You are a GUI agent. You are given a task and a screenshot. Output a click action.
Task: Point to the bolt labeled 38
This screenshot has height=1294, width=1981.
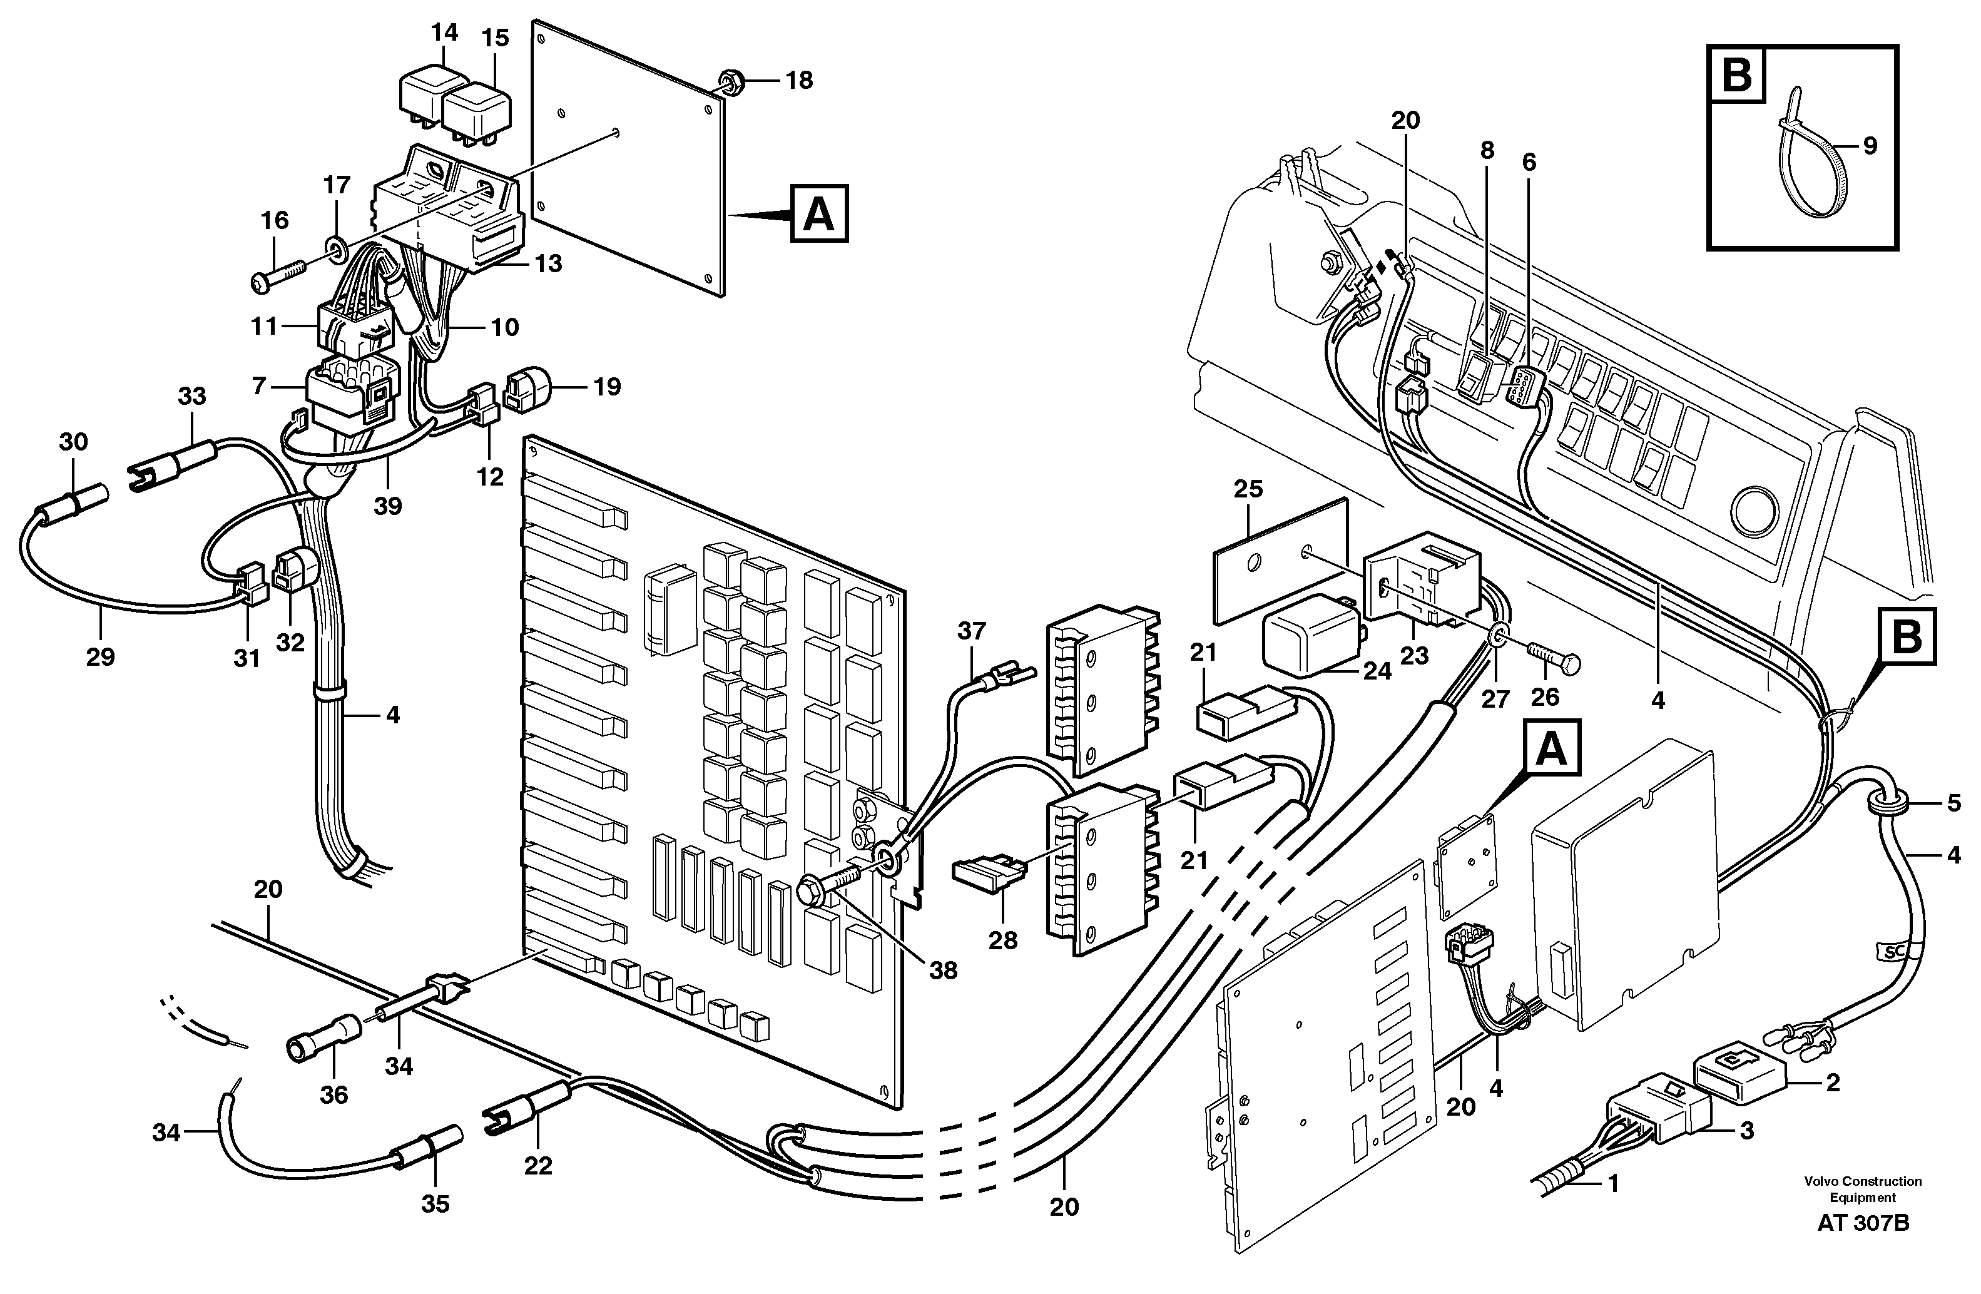(x=837, y=884)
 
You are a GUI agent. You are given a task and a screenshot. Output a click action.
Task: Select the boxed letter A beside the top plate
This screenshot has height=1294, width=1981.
(x=819, y=214)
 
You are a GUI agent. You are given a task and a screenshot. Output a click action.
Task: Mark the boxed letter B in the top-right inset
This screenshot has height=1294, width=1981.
(x=1736, y=76)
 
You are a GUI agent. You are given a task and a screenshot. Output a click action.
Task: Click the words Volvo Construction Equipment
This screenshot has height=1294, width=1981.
(x=1863, y=1189)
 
